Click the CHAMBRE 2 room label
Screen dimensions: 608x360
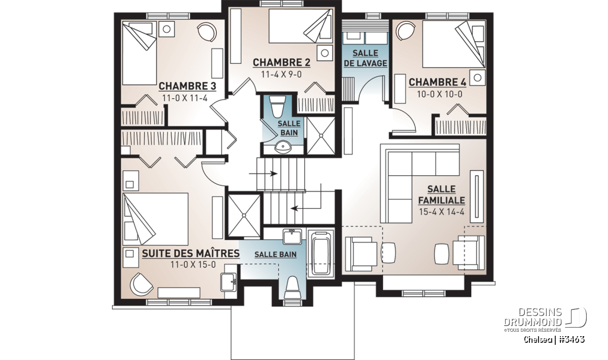click(x=282, y=63)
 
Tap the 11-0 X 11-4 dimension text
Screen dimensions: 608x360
click(x=185, y=98)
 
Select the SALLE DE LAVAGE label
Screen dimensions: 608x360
click(x=365, y=58)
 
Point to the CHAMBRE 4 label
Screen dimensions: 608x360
click(x=437, y=82)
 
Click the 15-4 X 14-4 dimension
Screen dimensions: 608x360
click(x=442, y=212)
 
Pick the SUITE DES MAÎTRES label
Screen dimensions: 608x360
click(x=191, y=253)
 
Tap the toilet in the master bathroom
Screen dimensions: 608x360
click(x=292, y=287)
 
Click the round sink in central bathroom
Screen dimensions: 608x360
click(x=283, y=147)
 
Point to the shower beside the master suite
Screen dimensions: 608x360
click(x=244, y=215)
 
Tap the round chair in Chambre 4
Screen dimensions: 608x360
click(x=405, y=31)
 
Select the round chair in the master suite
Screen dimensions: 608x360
click(x=141, y=284)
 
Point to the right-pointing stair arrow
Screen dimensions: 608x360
click(x=263, y=174)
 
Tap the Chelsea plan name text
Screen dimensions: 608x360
click(x=538, y=339)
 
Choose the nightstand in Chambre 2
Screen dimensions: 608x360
click(x=325, y=53)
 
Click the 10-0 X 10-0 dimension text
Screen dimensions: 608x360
click(x=439, y=94)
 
